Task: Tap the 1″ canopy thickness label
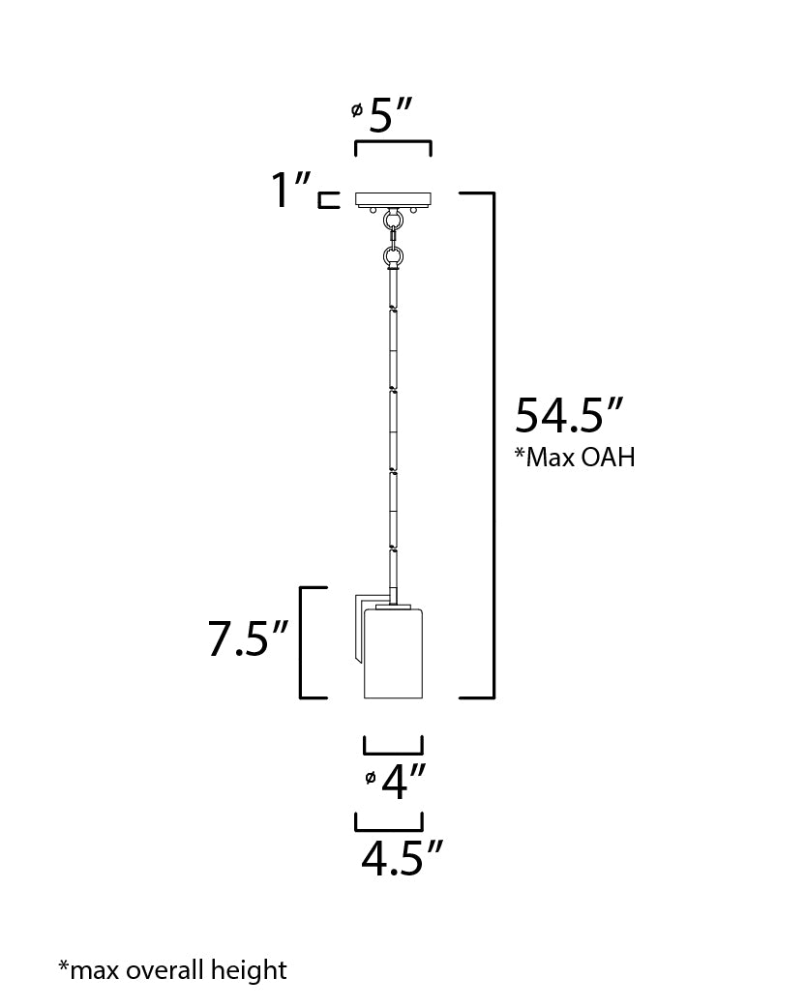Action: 289,190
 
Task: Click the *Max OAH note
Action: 575,458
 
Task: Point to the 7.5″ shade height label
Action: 249,640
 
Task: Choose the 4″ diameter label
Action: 403,782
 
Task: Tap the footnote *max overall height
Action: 172,969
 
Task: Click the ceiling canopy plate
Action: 393,199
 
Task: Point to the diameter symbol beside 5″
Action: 357,111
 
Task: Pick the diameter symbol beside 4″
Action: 371,778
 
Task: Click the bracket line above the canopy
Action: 393,144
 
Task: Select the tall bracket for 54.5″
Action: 493,445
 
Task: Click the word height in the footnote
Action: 255,969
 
